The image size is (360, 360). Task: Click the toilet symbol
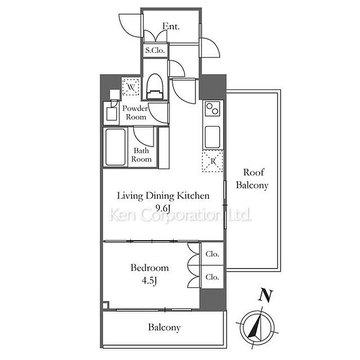tap(155, 86)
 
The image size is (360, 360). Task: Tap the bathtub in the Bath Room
tap(115, 147)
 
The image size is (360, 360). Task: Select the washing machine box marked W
tap(131, 87)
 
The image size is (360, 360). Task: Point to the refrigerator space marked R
tap(212, 161)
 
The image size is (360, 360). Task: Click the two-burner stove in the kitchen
tap(212, 109)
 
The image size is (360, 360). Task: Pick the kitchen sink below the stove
tap(212, 137)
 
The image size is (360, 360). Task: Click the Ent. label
tap(171, 26)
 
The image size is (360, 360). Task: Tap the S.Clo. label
tap(155, 50)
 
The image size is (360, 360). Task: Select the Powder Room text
tap(135, 113)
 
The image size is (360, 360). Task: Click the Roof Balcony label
tap(252, 178)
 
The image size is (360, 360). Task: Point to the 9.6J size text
tap(163, 208)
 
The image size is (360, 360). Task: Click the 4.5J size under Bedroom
tap(149, 281)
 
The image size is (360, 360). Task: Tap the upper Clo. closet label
tap(212, 254)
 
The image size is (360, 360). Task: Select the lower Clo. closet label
tap(212, 277)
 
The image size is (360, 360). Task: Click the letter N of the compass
tap(266, 295)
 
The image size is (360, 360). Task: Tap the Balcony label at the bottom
tap(164, 327)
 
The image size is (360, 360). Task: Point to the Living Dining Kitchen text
tap(163, 196)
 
